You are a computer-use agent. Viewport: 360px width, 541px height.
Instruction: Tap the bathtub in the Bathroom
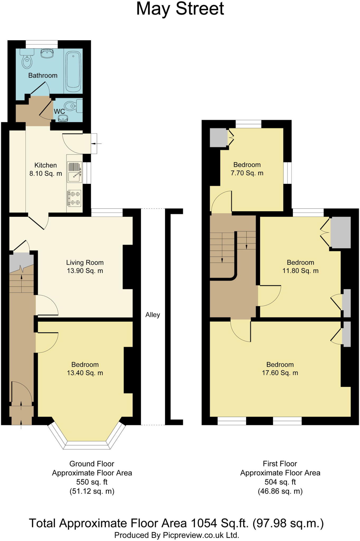click(73, 70)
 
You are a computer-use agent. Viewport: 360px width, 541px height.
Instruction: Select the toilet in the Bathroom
click(26, 61)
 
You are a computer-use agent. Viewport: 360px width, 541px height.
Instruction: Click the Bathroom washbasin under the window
click(48, 53)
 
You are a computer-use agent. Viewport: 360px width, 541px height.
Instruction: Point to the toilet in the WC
click(71, 106)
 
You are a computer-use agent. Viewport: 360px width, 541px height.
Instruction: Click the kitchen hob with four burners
click(74, 198)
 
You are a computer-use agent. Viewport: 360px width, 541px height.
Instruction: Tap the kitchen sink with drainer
click(74, 172)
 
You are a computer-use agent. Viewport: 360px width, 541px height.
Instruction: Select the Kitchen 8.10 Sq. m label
click(46, 169)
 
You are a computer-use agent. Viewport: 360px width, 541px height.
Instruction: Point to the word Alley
click(153, 315)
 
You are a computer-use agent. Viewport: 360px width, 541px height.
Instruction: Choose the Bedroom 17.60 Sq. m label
click(280, 369)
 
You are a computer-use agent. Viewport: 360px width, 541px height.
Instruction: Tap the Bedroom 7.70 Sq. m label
click(247, 169)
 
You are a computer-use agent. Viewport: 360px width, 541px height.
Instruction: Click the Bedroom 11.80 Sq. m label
click(300, 267)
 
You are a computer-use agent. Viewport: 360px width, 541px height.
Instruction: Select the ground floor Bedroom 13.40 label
click(85, 369)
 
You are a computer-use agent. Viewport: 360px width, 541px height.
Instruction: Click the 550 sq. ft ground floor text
click(92, 482)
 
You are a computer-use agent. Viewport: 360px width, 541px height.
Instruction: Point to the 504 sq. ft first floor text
click(280, 482)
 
